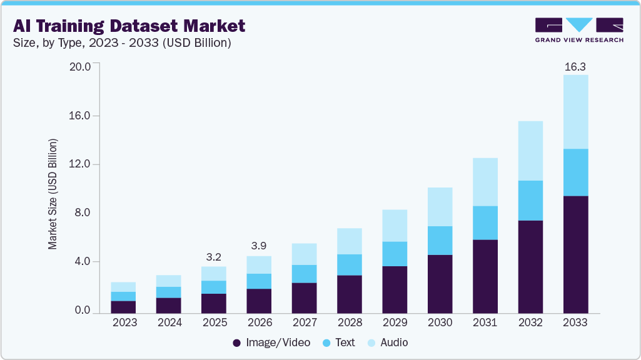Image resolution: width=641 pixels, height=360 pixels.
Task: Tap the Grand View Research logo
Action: coord(579,30)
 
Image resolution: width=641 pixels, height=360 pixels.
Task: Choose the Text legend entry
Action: coord(338,342)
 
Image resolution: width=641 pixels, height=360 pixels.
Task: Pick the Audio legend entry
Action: coord(387,342)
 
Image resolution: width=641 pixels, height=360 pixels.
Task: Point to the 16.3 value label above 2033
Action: coord(575,66)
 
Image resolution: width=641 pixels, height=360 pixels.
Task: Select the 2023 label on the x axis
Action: coord(124,323)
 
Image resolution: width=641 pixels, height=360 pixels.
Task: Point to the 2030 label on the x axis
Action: coord(440,323)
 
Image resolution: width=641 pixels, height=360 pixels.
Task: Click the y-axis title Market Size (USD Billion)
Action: coord(53,194)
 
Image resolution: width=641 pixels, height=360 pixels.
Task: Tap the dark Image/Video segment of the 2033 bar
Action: coord(575,254)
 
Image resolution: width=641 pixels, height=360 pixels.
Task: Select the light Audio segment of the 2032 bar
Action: coord(530,151)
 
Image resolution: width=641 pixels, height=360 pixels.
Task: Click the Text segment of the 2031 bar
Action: coord(485,222)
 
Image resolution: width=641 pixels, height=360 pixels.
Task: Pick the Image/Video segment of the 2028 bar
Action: coord(350,294)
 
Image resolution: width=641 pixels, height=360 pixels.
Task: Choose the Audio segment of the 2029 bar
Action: coord(395,226)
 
